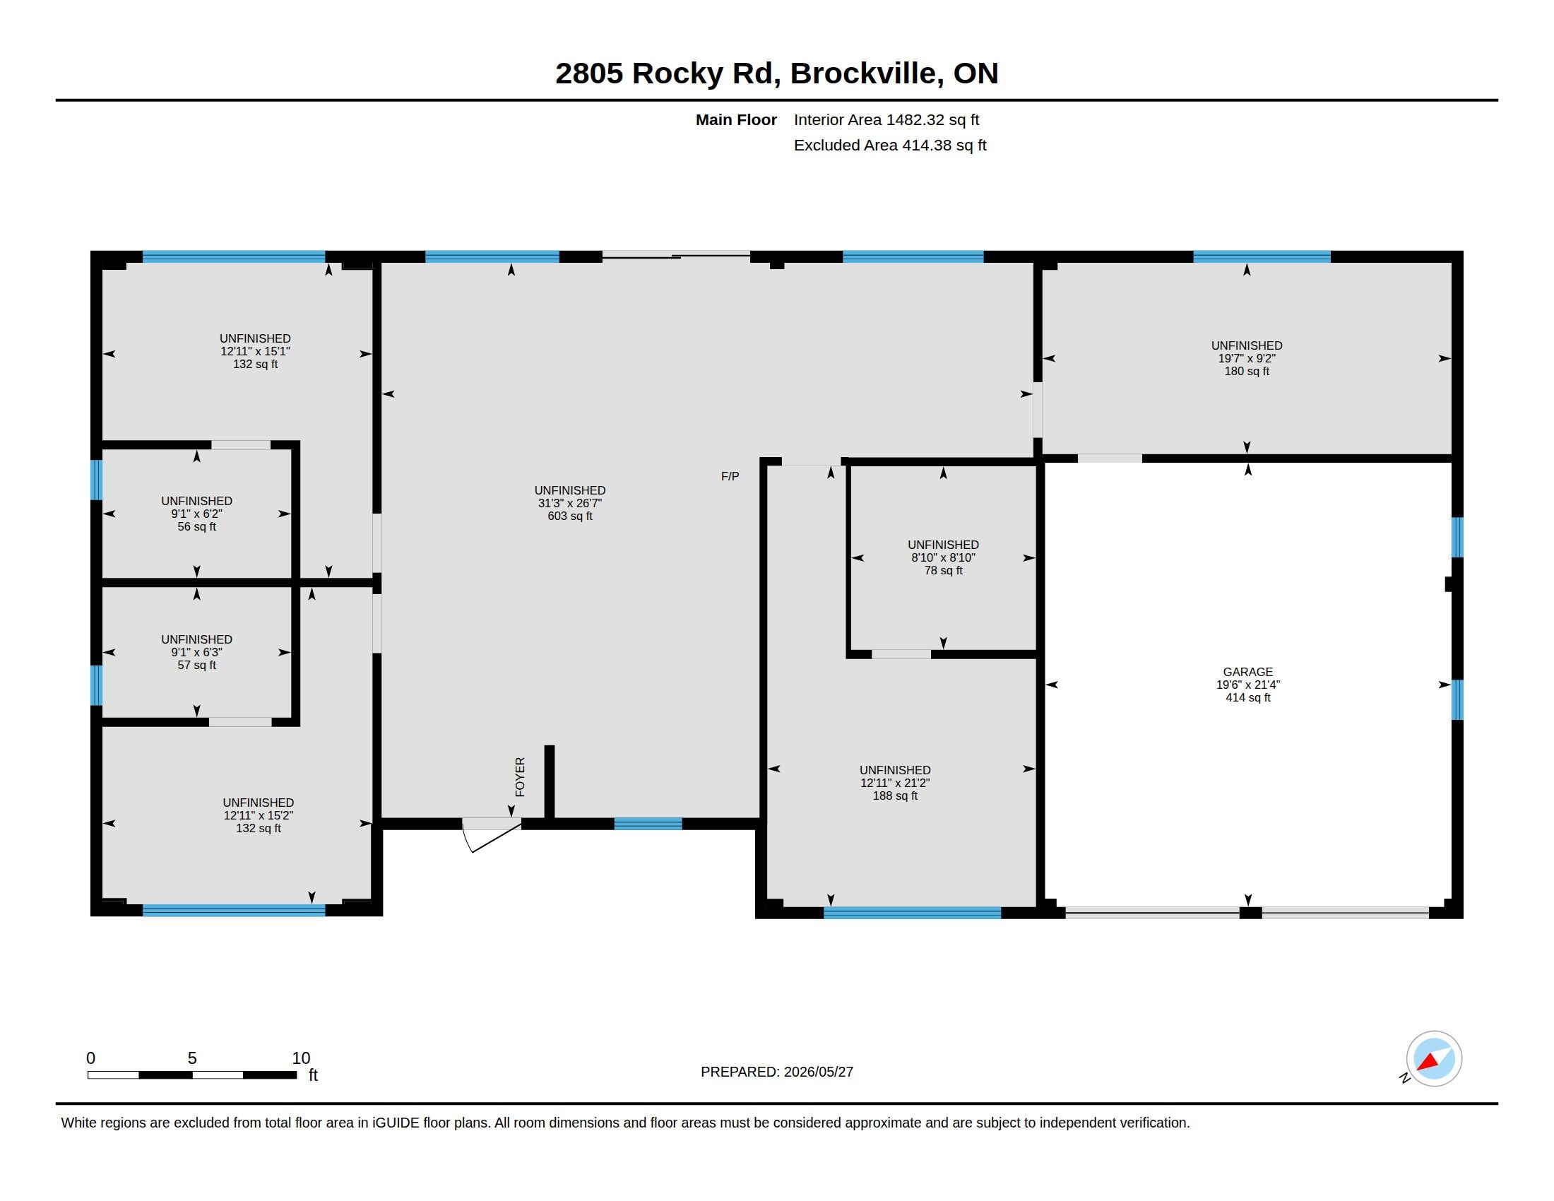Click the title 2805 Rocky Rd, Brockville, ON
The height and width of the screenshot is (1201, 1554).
(776, 73)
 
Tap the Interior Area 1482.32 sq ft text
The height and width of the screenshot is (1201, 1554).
(886, 120)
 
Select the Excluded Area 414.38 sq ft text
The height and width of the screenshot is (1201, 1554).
(890, 145)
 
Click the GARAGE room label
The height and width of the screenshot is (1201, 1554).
(1248, 672)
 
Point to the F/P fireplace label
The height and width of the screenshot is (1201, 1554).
(730, 477)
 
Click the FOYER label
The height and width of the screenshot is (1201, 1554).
(520, 777)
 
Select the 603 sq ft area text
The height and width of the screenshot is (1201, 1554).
(570, 516)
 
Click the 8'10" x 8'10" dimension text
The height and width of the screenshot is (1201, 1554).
(944, 558)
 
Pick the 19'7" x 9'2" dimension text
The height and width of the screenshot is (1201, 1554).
(1247, 359)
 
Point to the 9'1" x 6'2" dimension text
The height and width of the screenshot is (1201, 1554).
(197, 514)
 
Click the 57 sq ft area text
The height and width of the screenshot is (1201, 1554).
(197, 665)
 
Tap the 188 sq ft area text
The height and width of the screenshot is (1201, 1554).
(895, 795)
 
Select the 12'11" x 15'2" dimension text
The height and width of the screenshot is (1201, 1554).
(259, 815)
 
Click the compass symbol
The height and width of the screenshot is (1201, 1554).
(1434, 1059)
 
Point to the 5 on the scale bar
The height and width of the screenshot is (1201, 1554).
(192, 1058)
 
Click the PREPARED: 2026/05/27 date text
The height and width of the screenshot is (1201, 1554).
(777, 1072)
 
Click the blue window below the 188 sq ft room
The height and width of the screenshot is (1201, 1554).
(912, 913)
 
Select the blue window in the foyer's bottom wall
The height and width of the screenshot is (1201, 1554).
(648, 824)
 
